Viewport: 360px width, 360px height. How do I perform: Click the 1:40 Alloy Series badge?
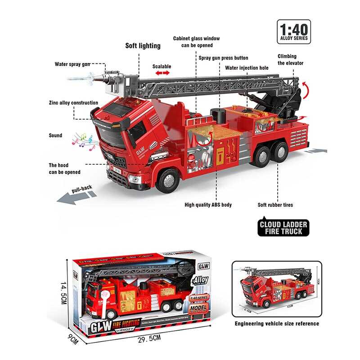(x=294, y=31)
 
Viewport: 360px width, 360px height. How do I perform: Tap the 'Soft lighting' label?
(x=143, y=45)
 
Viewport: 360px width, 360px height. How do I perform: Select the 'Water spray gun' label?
(x=73, y=64)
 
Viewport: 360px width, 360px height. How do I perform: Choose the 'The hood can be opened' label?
(x=65, y=168)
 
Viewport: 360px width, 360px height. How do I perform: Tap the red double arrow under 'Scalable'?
(x=162, y=73)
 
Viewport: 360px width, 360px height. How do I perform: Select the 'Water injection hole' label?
(x=247, y=68)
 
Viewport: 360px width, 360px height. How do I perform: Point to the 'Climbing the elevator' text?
(x=290, y=59)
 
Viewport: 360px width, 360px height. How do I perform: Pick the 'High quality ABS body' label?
(x=208, y=205)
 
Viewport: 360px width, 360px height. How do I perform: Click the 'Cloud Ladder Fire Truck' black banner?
(x=283, y=227)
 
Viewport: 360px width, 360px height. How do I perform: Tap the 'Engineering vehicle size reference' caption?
(x=277, y=324)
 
